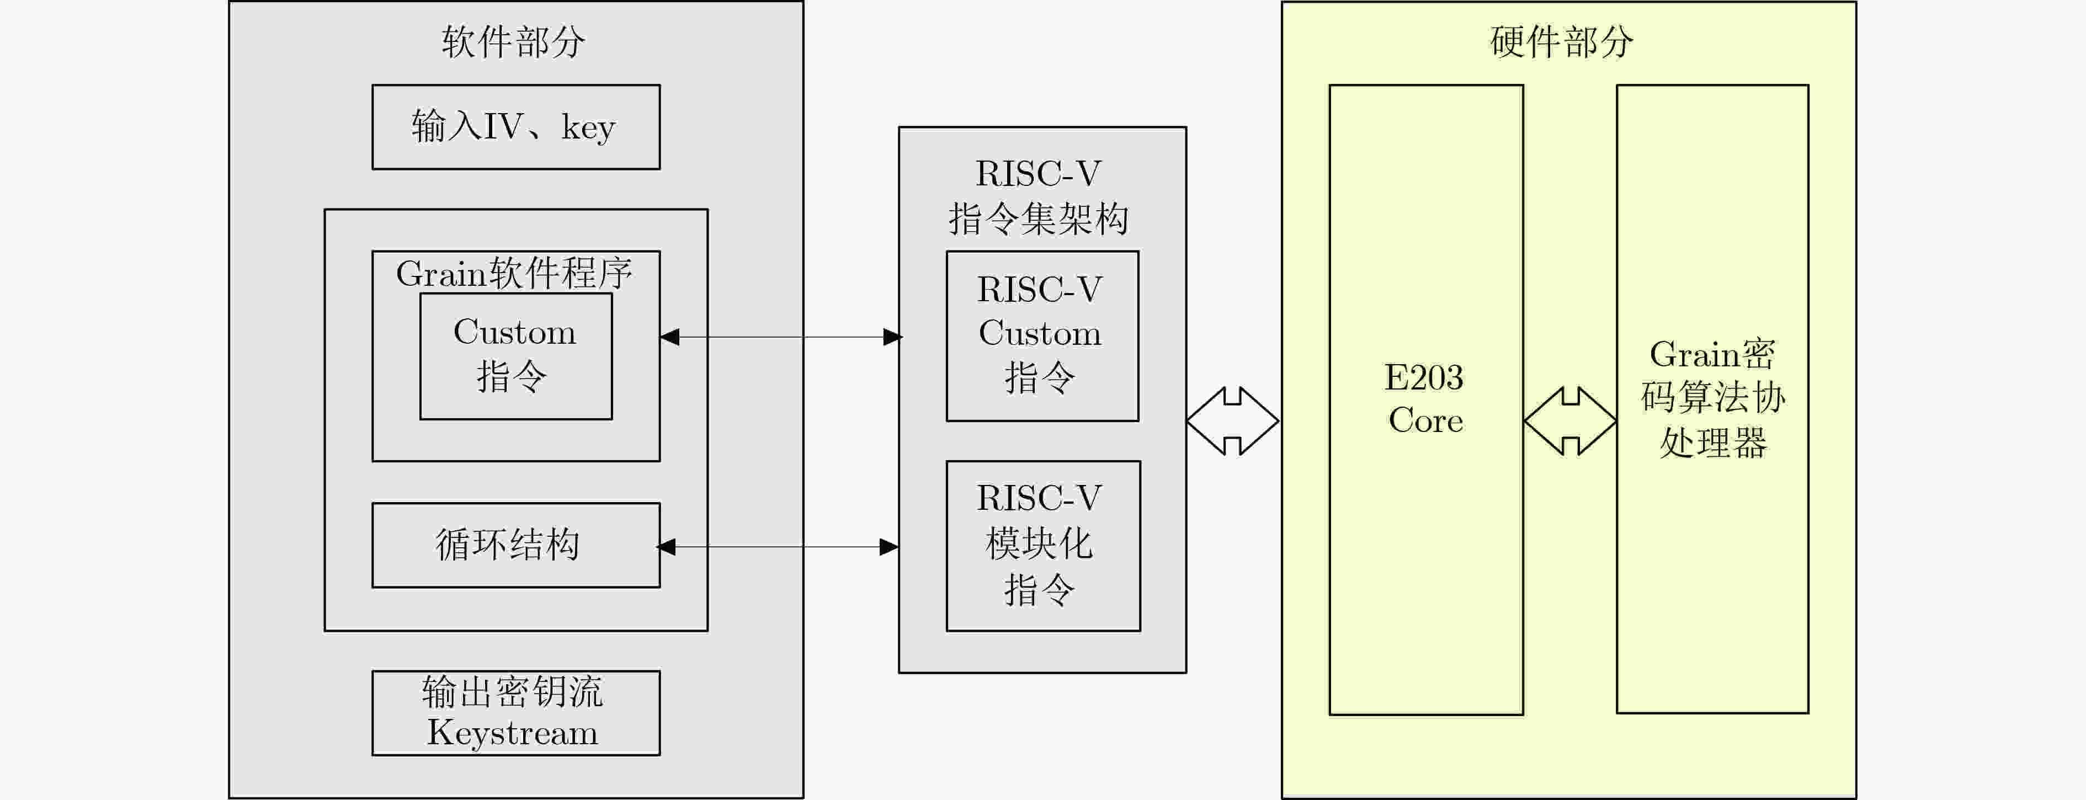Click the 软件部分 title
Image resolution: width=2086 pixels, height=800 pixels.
tap(513, 41)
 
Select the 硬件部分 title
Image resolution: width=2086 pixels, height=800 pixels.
tap(1562, 41)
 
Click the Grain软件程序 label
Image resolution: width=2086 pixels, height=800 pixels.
tap(514, 273)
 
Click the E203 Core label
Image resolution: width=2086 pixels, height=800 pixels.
tap(1425, 398)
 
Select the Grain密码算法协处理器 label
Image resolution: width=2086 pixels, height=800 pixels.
tap(1713, 398)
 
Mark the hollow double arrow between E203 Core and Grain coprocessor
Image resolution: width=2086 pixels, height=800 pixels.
tap(1570, 421)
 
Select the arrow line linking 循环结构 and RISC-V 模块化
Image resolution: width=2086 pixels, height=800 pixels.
tap(778, 547)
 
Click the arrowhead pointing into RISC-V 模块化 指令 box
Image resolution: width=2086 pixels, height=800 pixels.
tap(889, 547)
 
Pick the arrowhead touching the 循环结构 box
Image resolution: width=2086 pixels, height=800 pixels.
tap(666, 547)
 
